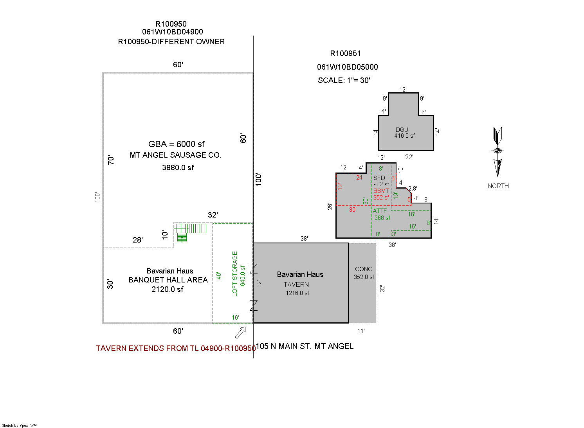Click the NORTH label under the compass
click(498, 186)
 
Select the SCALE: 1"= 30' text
click(344, 80)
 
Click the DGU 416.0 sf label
click(404, 133)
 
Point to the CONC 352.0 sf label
click(364, 273)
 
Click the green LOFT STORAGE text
click(234, 274)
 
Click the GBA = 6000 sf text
click(176, 144)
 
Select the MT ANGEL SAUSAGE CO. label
click(176, 155)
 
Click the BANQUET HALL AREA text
click(168, 280)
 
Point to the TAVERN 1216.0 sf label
click(297, 289)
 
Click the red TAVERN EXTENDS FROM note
click(176, 348)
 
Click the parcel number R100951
click(345, 54)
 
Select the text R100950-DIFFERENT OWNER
click(171, 42)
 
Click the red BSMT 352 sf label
click(381, 194)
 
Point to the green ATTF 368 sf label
click(381, 214)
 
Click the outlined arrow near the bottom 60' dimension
click(240, 333)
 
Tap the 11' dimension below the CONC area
click(361, 331)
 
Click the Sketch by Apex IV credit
click(19, 426)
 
